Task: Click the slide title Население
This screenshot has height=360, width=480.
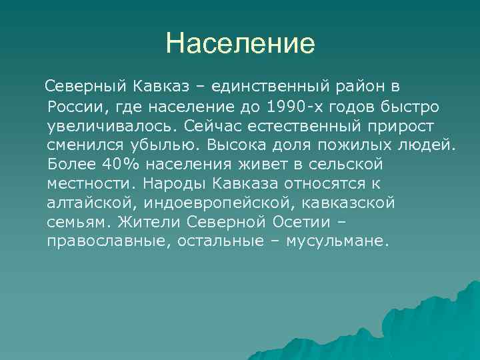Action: click(x=240, y=44)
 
